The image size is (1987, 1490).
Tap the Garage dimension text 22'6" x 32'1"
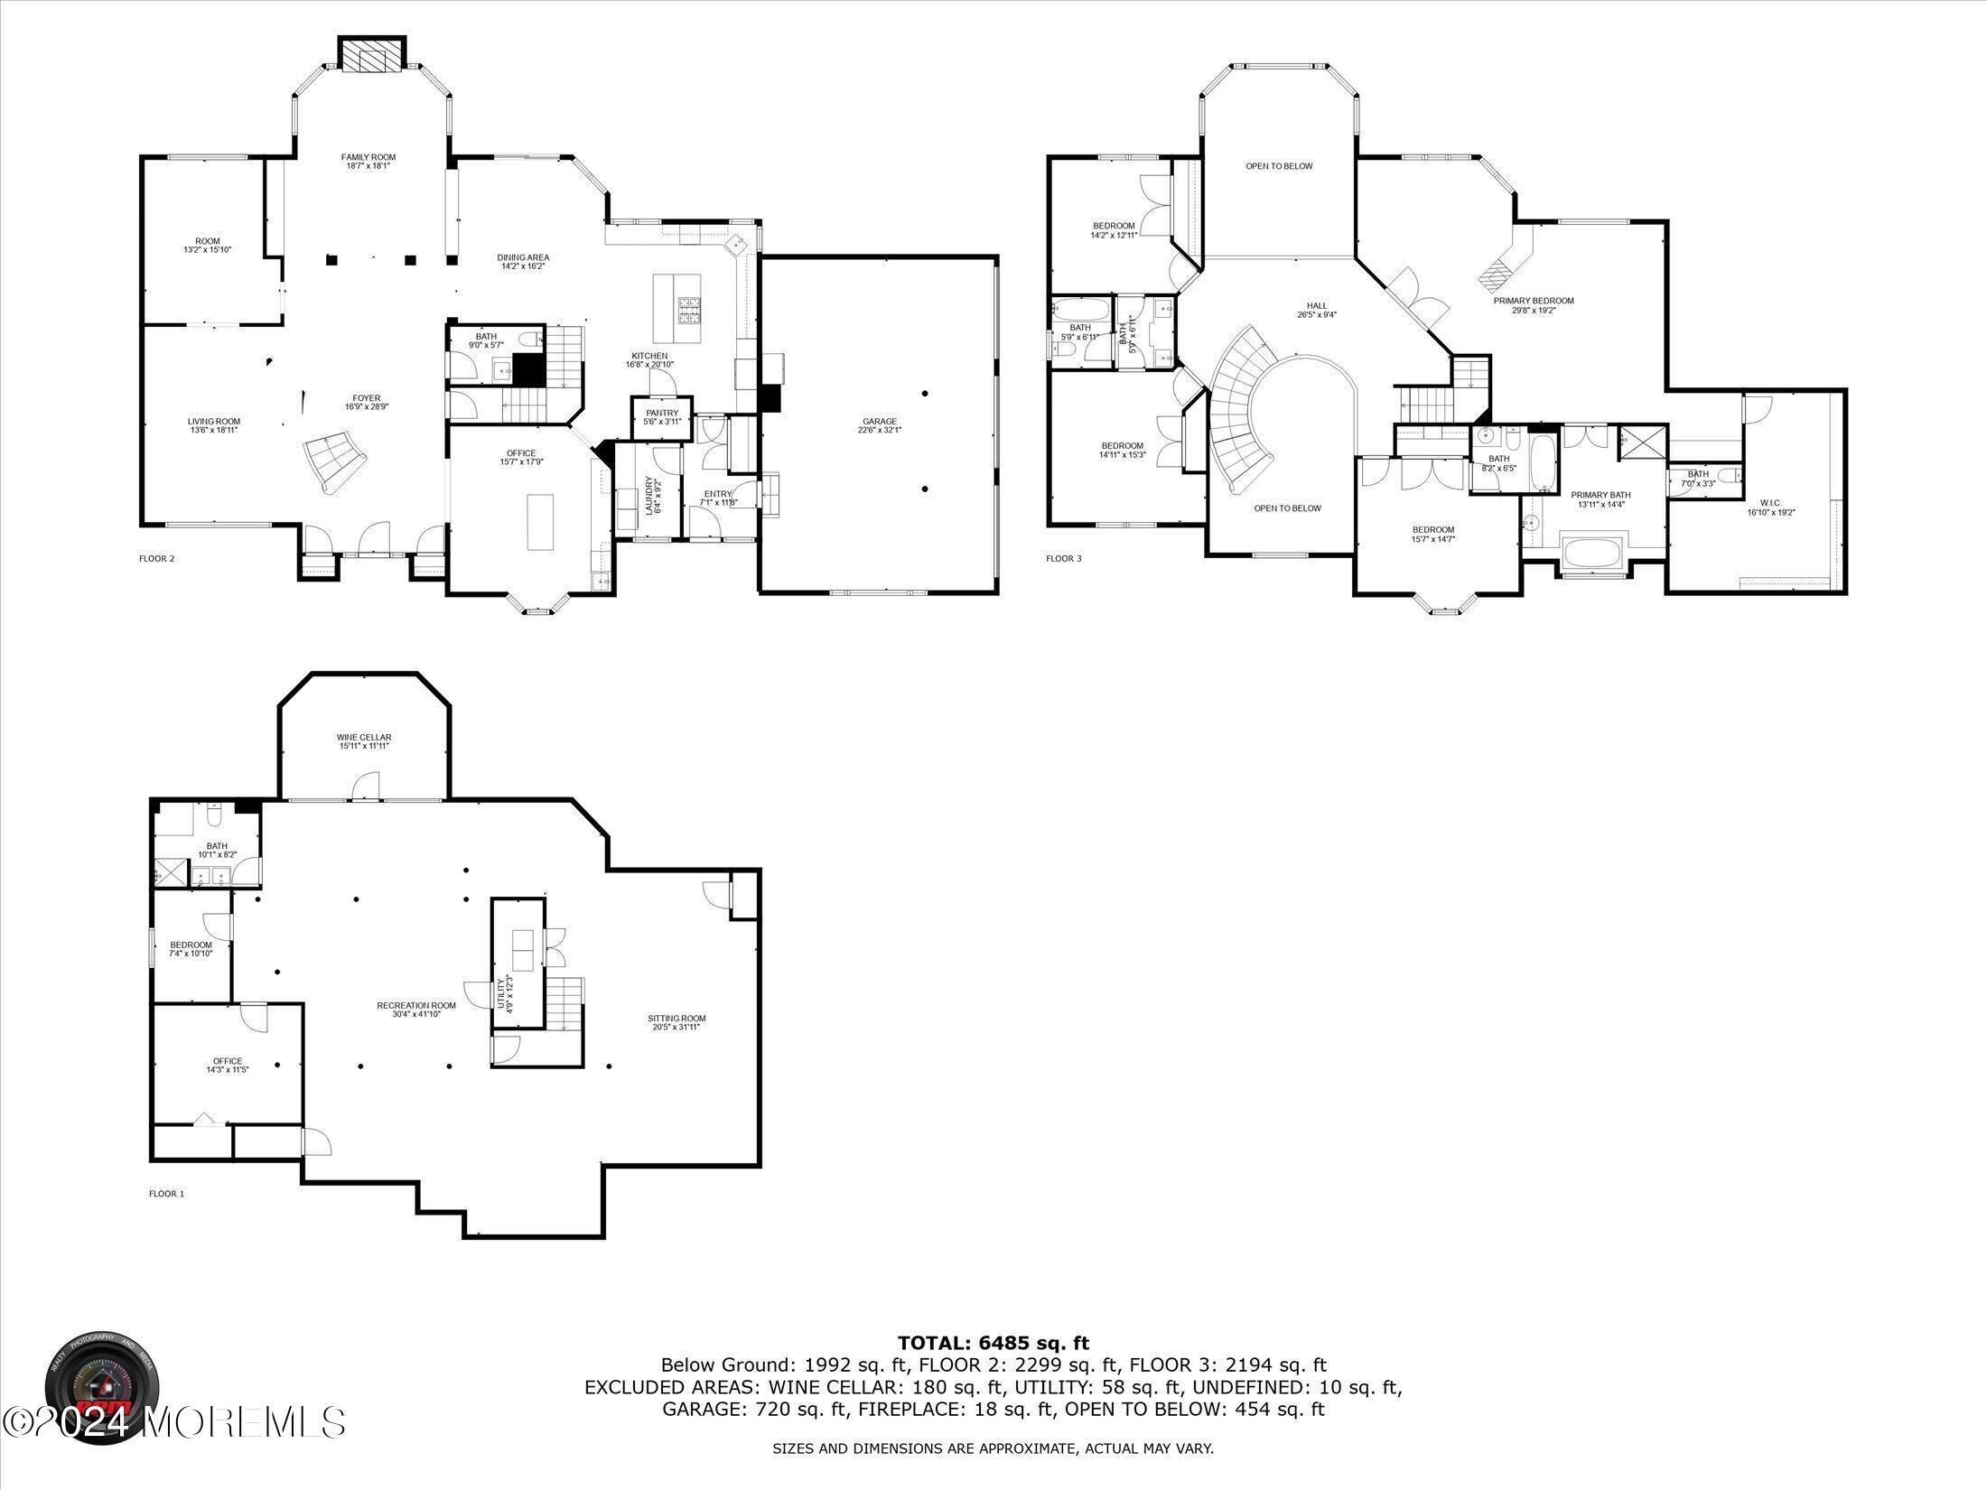pos(880,430)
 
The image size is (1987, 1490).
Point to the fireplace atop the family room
pos(372,54)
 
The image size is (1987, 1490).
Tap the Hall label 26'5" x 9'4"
pos(1317,310)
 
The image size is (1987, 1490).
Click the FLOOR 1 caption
pos(166,1193)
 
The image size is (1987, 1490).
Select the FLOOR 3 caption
pos(1063,558)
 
